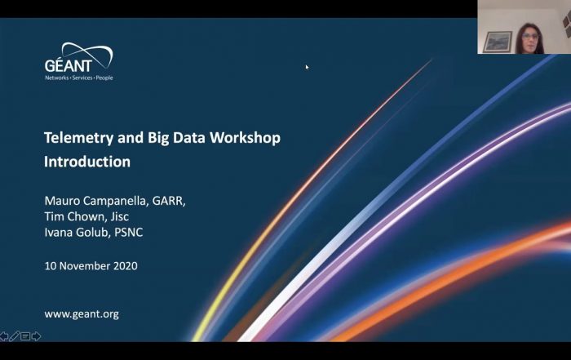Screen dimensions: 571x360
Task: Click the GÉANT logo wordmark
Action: [x=68, y=65]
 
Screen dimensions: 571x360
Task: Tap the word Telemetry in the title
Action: [x=78, y=138]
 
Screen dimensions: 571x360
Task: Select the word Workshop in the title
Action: [x=245, y=138]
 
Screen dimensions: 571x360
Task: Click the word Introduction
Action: [x=87, y=162]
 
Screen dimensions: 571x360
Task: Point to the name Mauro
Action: [x=62, y=200]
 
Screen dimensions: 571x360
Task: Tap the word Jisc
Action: [x=120, y=216]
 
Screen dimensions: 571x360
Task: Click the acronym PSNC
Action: [x=129, y=232]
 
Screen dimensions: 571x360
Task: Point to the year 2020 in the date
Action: [x=126, y=266]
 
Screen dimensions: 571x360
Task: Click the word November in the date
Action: [x=85, y=266]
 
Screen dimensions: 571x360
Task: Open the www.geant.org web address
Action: [x=82, y=314]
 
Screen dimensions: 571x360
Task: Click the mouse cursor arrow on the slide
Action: [x=307, y=67]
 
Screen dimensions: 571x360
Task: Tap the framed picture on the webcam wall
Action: [x=498, y=42]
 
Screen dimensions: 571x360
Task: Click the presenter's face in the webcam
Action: [x=530, y=38]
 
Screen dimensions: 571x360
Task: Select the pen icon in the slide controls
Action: [x=15, y=336]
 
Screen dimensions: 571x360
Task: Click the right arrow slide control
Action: [x=36, y=336]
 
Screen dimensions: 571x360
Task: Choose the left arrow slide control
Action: [x=4, y=336]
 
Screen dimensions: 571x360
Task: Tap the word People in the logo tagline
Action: [x=104, y=78]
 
